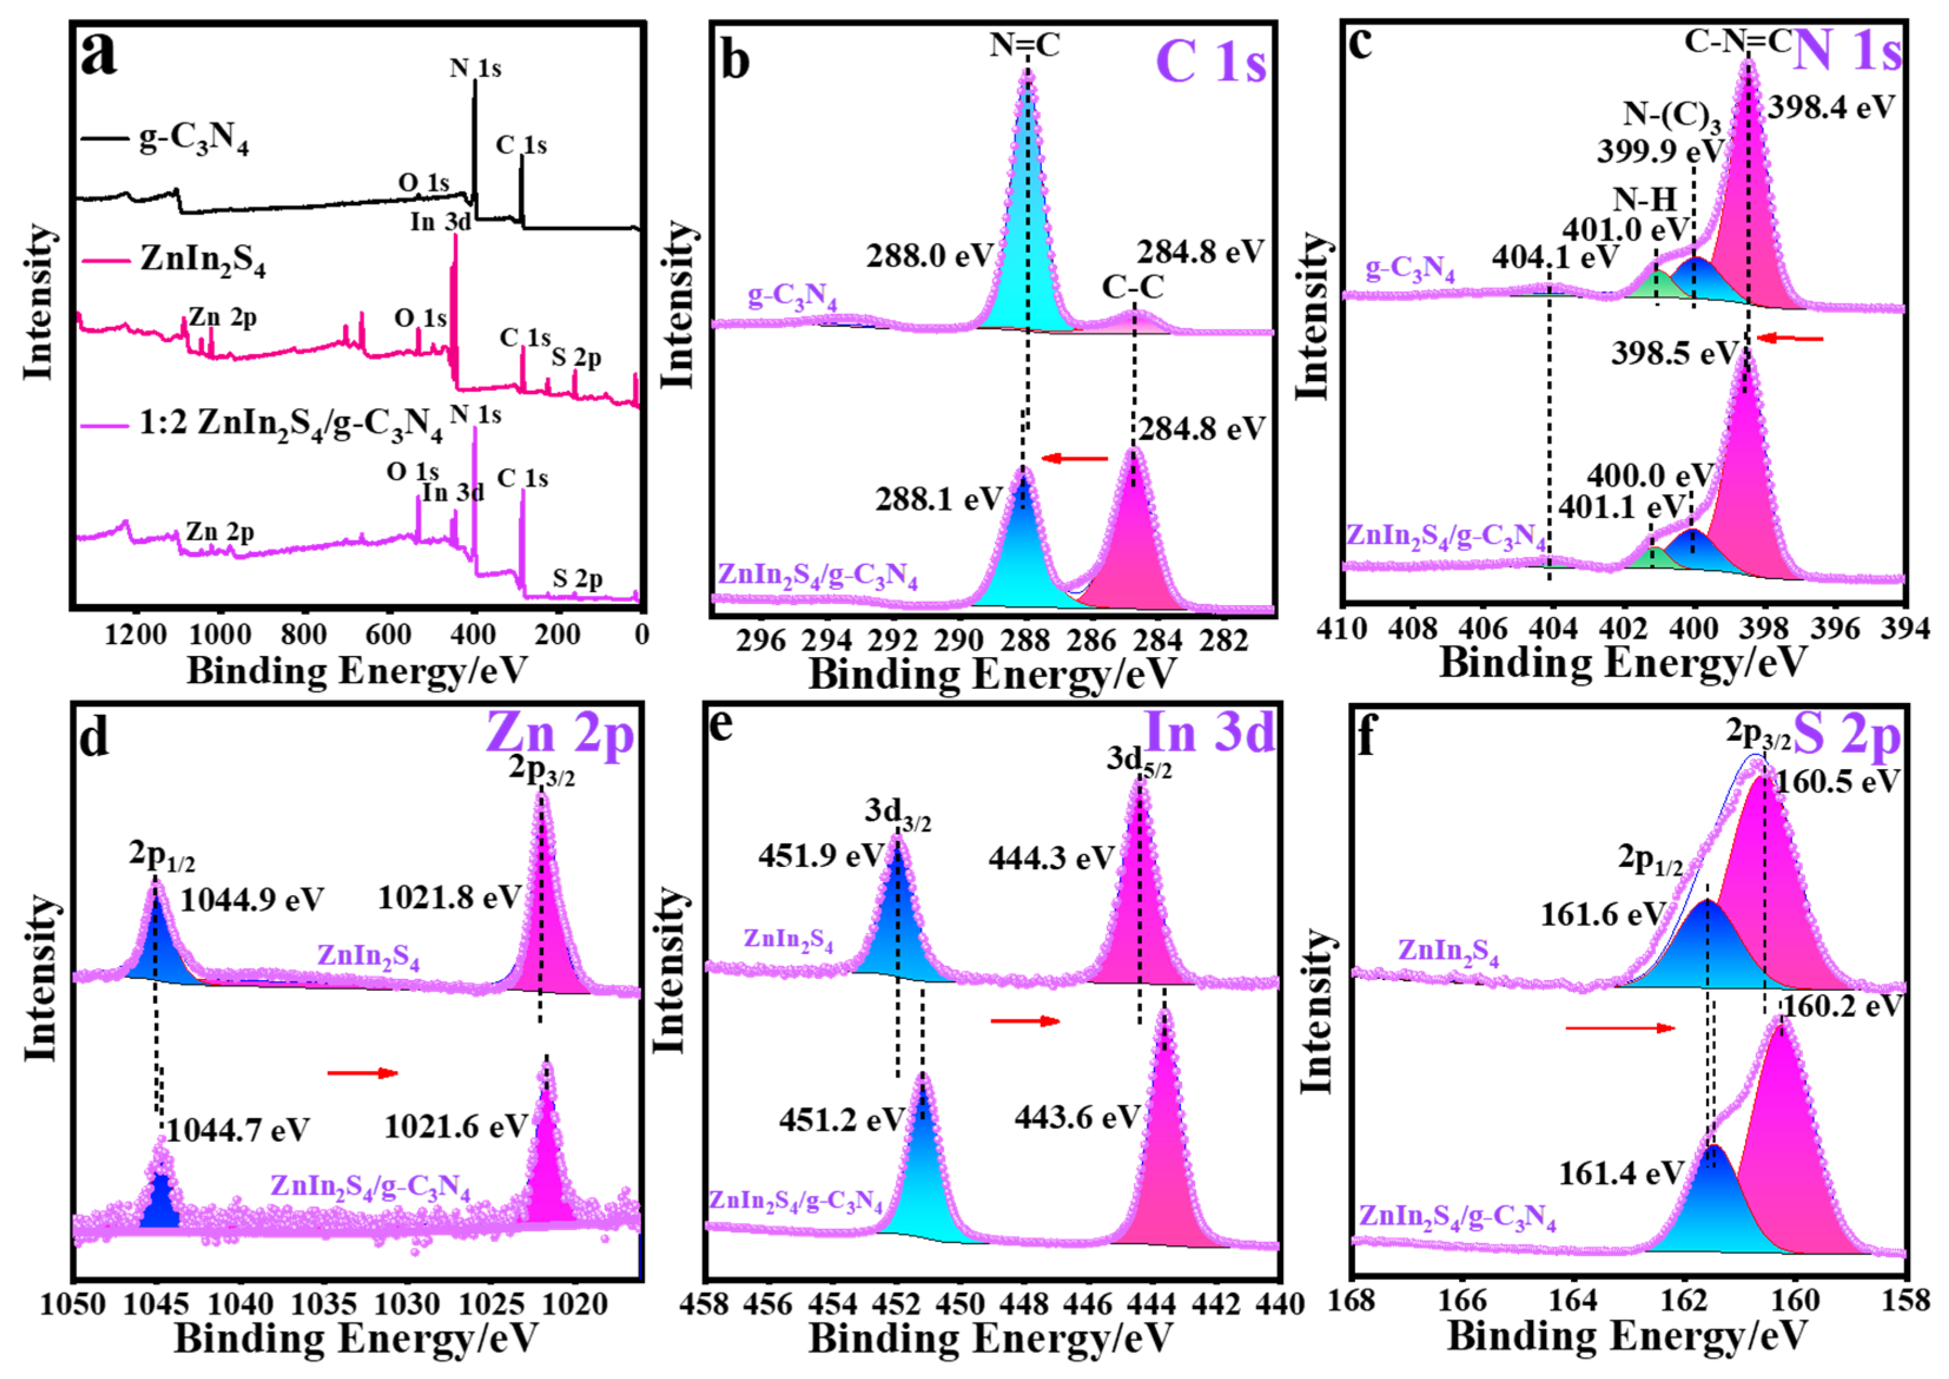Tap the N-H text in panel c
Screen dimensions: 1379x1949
pyautogui.click(x=1645, y=200)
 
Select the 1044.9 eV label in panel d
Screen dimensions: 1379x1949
pyautogui.click(x=252, y=900)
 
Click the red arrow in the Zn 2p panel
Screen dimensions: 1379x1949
pyautogui.click(x=362, y=1073)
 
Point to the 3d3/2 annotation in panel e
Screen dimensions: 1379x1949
pyautogui.click(x=897, y=813)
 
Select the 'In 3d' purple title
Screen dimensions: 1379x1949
pyautogui.click(x=1210, y=731)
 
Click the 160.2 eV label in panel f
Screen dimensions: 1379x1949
pyautogui.click(x=1841, y=1007)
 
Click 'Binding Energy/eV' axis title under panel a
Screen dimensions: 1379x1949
pyautogui.click(x=356, y=671)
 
